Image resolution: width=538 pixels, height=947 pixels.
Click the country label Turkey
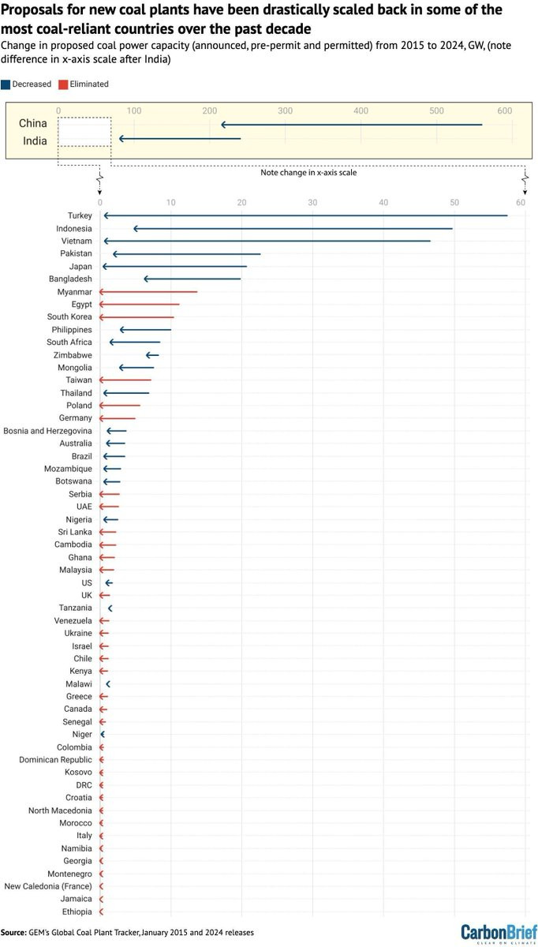pos(80,215)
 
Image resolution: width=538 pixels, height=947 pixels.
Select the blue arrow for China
pos(351,125)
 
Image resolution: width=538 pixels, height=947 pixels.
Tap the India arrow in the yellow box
pos(180,139)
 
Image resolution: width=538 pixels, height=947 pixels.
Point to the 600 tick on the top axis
pos(505,110)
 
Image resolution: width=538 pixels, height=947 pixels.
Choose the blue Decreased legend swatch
pos(6,84)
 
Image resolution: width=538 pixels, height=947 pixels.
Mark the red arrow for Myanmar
pos(148,292)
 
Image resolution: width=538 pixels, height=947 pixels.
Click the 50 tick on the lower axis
pos(454,203)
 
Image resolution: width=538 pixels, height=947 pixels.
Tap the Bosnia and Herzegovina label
pos(47,431)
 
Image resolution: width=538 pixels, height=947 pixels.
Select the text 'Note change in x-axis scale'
pos(308,172)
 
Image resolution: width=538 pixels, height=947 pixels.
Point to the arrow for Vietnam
pos(267,241)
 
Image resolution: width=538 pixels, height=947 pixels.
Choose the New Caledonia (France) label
pos(48,886)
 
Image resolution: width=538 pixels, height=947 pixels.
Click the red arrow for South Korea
pos(136,317)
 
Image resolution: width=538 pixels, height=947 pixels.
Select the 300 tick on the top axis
pos(286,110)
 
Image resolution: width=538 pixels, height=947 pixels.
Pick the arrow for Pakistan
pos(186,254)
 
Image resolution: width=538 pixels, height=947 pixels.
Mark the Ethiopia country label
pos(77,911)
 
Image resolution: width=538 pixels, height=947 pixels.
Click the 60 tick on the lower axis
pos(521,203)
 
